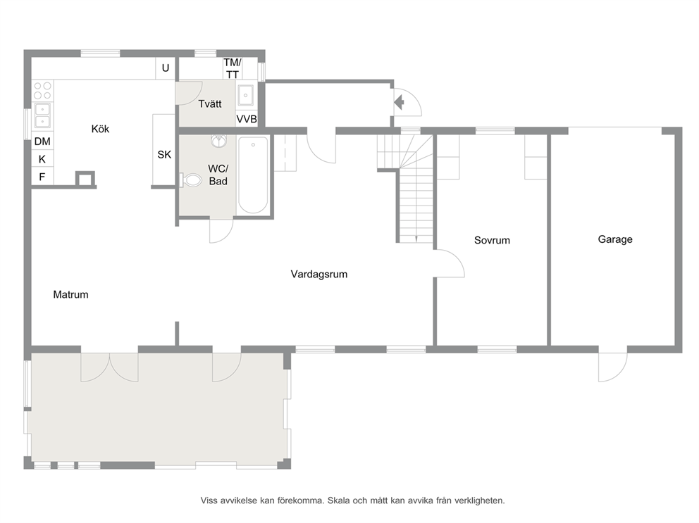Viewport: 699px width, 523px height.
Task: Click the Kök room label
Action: pyautogui.click(x=100, y=129)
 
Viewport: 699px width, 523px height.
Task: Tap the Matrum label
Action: pyautogui.click(x=70, y=294)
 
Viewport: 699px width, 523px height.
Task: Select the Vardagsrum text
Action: pyautogui.click(x=318, y=274)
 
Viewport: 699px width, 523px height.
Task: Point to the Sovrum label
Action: pyautogui.click(x=492, y=240)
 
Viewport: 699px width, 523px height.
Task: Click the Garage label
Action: pyautogui.click(x=615, y=239)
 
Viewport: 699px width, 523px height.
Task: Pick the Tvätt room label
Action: pyautogui.click(x=210, y=103)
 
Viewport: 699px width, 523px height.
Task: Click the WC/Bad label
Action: pyautogui.click(x=218, y=175)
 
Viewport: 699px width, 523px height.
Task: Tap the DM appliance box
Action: pyautogui.click(x=42, y=141)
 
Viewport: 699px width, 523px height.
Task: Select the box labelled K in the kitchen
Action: pyautogui.click(x=42, y=159)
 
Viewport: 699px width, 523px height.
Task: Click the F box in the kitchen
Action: pyautogui.click(x=42, y=177)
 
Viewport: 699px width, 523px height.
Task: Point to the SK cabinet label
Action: pyautogui.click(x=164, y=155)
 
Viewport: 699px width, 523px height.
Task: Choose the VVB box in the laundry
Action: pyautogui.click(x=247, y=119)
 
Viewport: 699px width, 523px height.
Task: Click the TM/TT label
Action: pyautogui.click(x=233, y=68)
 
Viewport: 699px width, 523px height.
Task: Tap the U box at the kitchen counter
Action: pyautogui.click(x=166, y=68)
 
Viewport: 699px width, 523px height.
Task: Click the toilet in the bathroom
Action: pyautogui.click(x=191, y=180)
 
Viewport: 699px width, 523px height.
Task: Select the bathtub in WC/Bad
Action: pyautogui.click(x=253, y=175)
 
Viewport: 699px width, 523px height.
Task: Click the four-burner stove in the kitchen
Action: pyautogui.click(x=43, y=90)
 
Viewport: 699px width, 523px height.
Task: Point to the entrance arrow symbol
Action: pyautogui.click(x=399, y=103)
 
